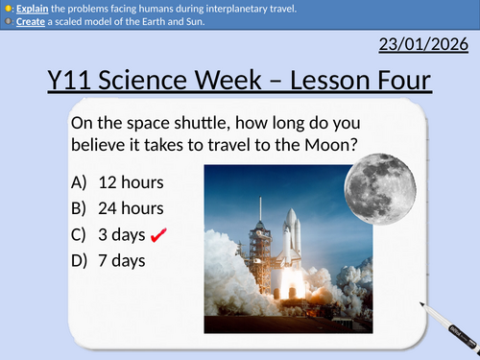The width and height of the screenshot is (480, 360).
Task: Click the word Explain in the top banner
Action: click(31, 8)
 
